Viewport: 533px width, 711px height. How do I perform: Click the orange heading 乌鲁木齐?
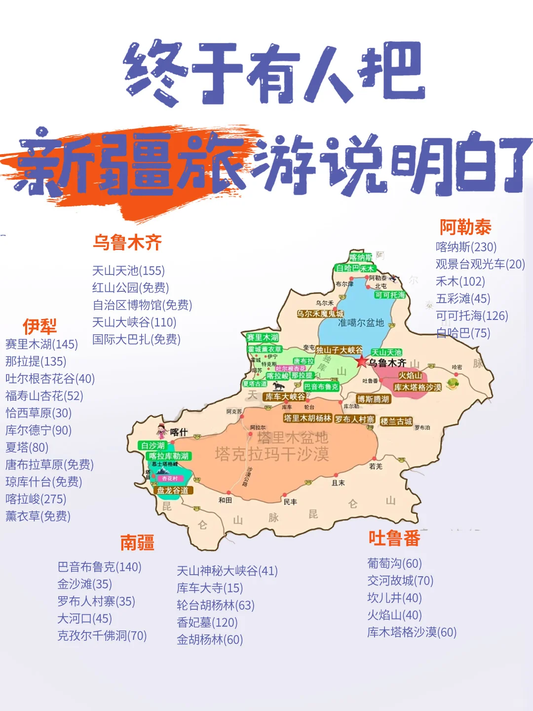pos(127,242)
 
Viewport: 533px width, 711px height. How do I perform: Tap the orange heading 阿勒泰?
pos(465,227)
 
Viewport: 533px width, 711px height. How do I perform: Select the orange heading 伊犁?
pos(39,326)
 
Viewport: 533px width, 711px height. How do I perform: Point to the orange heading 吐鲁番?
pos(394,538)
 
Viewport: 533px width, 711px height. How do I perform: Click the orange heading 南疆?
pos(137,543)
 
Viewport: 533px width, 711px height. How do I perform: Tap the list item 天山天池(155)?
pos(128,271)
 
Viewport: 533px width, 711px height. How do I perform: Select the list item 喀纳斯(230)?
pos(466,247)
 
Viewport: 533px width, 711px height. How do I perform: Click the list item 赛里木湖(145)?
pos(41,344)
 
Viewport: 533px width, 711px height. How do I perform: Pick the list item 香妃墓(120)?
pos(207,622)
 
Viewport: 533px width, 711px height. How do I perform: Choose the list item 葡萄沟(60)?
pos(394,563)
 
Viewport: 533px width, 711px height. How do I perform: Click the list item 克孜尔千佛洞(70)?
pos(102,635)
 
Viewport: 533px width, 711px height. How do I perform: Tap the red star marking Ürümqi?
pos(362,361)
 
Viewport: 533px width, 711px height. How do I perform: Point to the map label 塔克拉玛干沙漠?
pos(271,454)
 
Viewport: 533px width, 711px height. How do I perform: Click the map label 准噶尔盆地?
pos(361,322)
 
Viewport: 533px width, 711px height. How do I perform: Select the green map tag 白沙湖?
pos(152,445)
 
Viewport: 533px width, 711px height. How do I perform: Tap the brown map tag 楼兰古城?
pos(396,422)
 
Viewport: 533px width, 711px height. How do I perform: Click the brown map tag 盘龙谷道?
pos(173,490)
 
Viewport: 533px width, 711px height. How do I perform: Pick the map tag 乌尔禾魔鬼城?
pos(320,314)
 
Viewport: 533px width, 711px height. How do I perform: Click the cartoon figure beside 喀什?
pos(161,432)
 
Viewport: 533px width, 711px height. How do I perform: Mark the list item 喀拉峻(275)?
pos(36,499)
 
